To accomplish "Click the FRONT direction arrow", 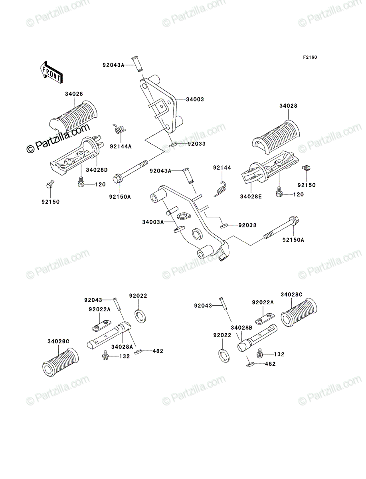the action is pos(51,72).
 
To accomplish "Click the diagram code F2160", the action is pos(310,57).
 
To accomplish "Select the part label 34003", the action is pos(195,99).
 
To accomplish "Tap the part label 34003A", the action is pos(153,222).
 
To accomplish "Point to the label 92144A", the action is pos(121,146).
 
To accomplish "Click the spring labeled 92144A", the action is pos(119,129).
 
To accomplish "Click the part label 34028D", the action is pos(97,170).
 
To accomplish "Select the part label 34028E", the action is pos(251,197).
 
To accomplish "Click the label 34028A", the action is pos(122,347).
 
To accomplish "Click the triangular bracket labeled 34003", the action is pos(161,104).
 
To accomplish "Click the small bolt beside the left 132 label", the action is pos(105,356).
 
